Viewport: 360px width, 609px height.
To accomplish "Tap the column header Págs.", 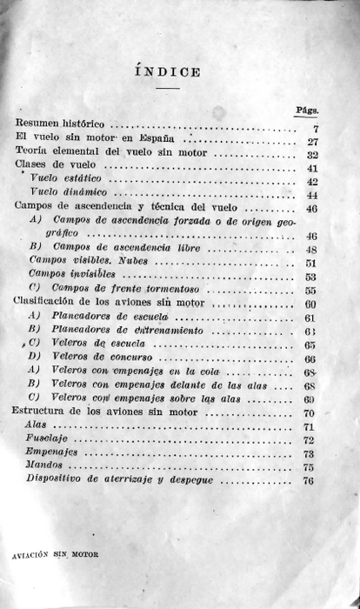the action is coord(307,110).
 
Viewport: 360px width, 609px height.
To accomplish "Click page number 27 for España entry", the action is coord(312,142).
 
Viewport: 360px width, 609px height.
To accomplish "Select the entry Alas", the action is coord(37,425).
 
